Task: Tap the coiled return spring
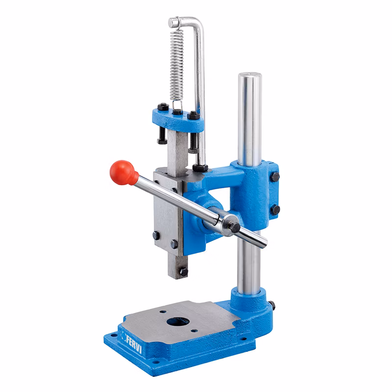click(177, 65)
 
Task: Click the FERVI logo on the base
click(132, 341)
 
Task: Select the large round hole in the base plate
click(178, 321)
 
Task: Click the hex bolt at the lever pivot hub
click(234, 226)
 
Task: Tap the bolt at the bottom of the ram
click(184, 271)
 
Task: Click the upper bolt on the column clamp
click(275, 177)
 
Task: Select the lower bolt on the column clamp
click(275, 210)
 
